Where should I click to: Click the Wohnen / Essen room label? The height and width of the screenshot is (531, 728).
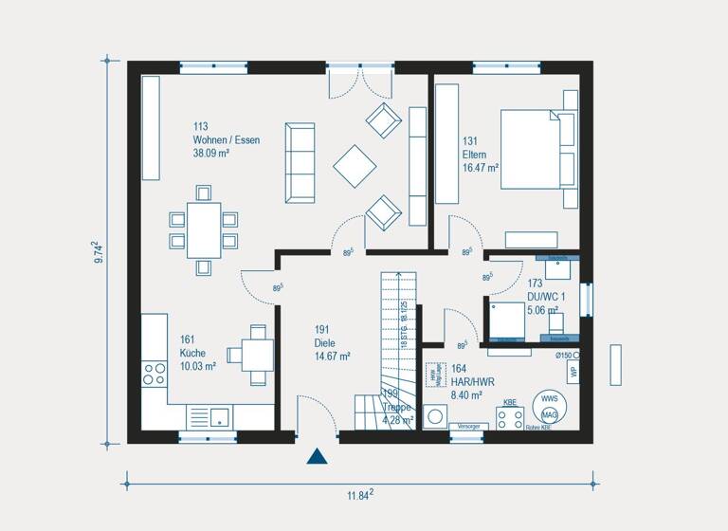[226, 139]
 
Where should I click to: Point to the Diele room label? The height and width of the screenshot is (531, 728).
[332, 343]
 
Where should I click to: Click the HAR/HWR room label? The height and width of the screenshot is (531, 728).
[466, 382]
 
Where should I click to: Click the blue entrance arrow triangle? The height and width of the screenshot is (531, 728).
[317, 457]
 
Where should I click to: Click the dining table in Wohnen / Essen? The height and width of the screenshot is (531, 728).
[203, 229]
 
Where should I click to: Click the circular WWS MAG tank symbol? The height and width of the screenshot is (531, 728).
[550, 407]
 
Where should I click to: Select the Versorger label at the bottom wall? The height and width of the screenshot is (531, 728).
[468, 427]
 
